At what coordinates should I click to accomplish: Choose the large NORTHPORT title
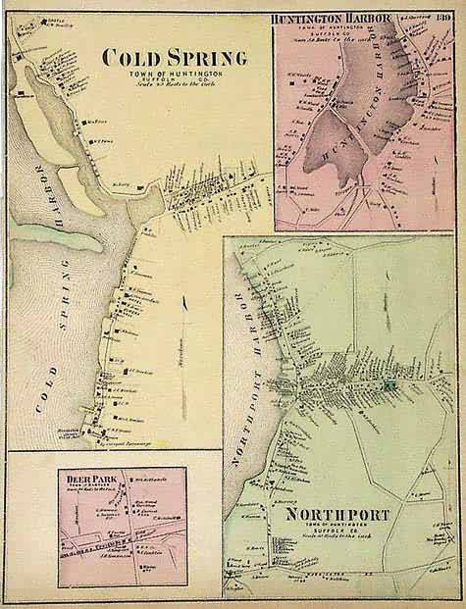pos(340,514)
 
